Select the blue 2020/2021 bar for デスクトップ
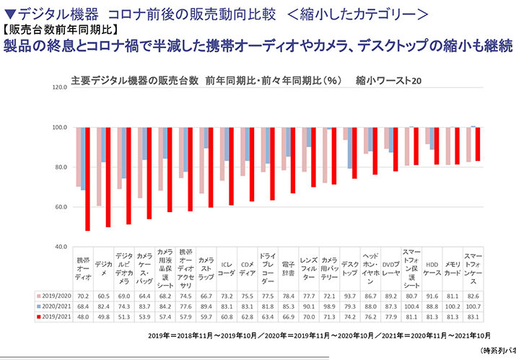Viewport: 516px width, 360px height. (x=350, y=148)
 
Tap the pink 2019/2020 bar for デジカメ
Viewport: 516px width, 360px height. (x=98, y=167)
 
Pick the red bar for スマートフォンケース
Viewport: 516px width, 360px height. (x=478, y=144)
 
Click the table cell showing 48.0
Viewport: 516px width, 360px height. (x=83, y=316)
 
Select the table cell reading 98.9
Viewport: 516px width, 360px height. (x=330, y=306)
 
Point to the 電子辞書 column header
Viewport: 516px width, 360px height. (x=289, y=268)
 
